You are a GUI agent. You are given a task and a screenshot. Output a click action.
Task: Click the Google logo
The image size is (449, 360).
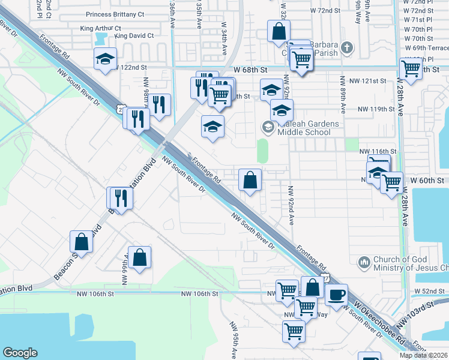point(20,353)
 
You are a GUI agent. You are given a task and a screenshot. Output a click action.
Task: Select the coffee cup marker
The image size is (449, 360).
point(337,295)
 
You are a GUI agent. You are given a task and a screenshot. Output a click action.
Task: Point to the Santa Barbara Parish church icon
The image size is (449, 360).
point(346,47)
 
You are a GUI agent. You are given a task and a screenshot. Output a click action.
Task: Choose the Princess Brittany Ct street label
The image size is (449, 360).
point(115,14)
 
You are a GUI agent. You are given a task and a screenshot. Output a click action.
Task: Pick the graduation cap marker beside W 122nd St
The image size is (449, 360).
point(105,59)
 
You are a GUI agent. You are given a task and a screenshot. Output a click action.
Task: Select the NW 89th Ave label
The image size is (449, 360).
point(343,95)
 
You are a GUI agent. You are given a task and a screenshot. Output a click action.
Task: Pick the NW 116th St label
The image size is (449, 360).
point(378,151)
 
